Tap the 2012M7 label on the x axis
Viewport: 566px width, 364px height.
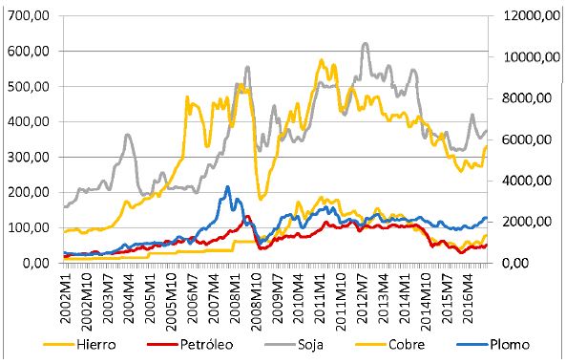362,291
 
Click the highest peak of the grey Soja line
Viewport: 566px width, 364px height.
365,43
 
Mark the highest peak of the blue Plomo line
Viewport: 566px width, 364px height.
227,187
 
